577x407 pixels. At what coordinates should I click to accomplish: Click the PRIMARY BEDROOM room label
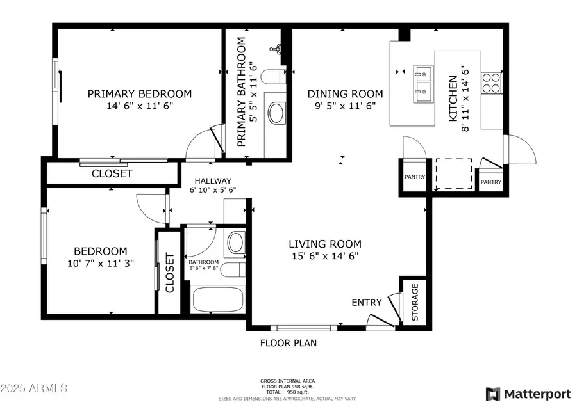pos(139,93)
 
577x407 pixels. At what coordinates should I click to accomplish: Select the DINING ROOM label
pos(344,93)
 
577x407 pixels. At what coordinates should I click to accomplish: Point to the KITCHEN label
pos(453,99)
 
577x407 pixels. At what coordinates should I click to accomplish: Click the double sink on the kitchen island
pos(422,83)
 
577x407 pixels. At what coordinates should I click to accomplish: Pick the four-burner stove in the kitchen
pos(491,83)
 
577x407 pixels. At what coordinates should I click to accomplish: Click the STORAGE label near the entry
pos(414,302)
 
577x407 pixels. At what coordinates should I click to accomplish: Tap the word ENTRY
pos(367,302)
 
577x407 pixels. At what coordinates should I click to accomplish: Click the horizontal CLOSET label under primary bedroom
pos(112,173)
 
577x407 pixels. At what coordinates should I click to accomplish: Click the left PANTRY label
pos(414,177)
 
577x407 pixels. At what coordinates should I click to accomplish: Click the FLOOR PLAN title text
pos(288,342)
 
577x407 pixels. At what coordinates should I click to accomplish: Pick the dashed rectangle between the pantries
pos(454,173)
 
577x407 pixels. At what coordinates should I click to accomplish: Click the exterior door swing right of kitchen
pos(521,150)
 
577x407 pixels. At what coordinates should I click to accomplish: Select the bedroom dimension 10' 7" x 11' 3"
pos(100,263)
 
